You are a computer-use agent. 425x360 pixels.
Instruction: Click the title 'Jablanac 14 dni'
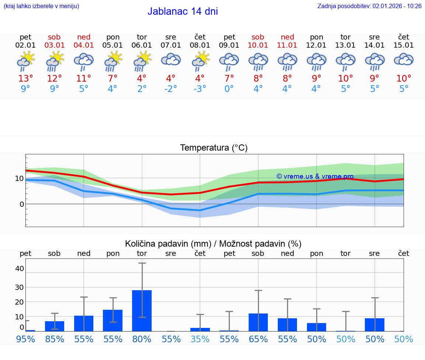click(x=183, y=11)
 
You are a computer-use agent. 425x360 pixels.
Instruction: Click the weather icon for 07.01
click(x=171, y=60)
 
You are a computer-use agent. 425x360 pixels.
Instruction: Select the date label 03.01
click(x=55, y=45)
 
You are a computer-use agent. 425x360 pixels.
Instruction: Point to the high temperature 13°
click(x=25, y=78)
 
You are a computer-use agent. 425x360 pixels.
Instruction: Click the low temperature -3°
click(x=200, y=89)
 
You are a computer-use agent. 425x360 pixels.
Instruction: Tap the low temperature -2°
click(x=170, y=89)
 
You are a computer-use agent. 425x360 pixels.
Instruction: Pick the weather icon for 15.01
click(x=404, y=60)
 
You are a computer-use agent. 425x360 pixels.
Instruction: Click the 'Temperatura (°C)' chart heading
click(x=214, y=148)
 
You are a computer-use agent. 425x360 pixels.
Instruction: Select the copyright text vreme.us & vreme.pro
click(x=315, y=176)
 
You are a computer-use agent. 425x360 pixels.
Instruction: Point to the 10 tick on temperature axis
click(x=19, y=178)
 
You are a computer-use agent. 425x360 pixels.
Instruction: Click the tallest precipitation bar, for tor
click(x=142, y=311)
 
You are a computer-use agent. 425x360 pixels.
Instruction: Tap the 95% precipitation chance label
click(x=25, y=339)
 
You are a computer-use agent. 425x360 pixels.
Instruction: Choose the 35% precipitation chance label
click(x=200, y=339)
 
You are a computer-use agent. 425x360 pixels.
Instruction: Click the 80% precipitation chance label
click(x=142, y=339)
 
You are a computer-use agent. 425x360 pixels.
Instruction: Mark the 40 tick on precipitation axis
click(x=19, y=268)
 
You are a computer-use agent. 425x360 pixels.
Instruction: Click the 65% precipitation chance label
click(x=258, y=339)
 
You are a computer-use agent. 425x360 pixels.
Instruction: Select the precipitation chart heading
click(x=213, y=244)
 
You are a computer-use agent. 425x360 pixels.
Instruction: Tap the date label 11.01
click(x=287, y=45)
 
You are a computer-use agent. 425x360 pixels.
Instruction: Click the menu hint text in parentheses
click(x=41, y=6)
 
